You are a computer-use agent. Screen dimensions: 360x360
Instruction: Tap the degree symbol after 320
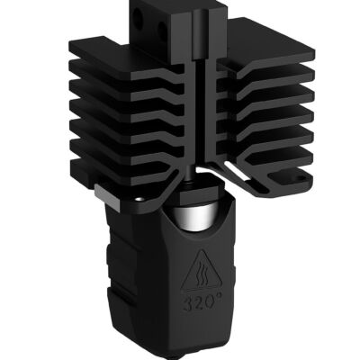point(220,296)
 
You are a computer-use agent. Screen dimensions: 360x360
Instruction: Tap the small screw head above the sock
point(139,196)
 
